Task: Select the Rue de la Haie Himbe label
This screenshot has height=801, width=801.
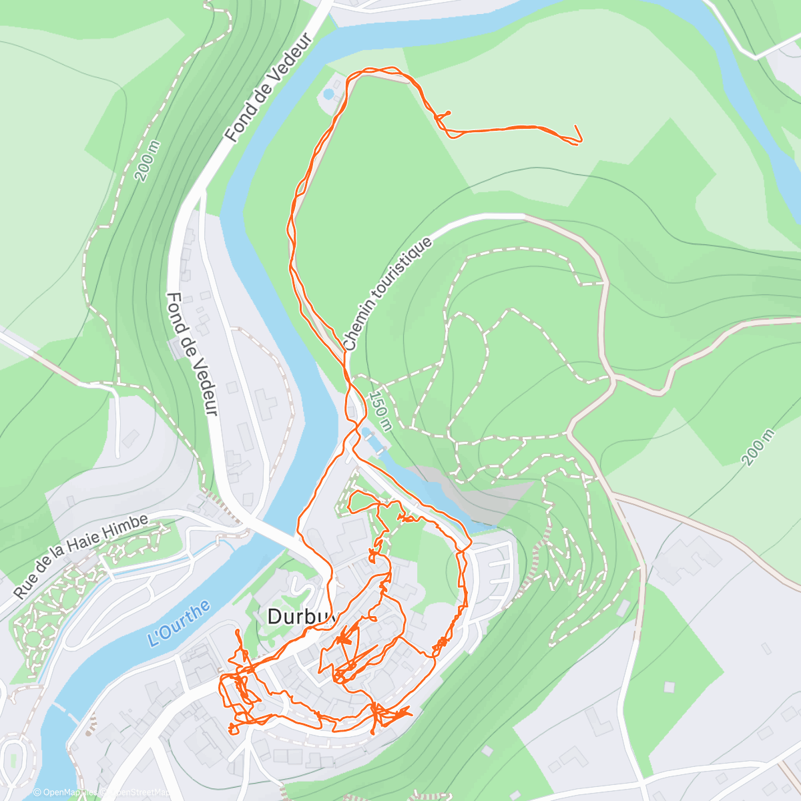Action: coord(80,555)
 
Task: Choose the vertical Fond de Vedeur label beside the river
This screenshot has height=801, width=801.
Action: coord(193,354)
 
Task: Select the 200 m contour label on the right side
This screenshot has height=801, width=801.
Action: coord(759,447)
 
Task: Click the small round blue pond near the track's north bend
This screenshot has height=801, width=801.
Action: coord(328,94)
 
